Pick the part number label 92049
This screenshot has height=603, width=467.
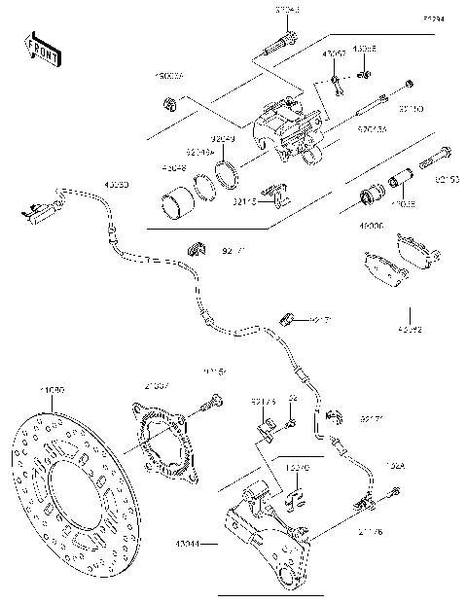(x=225, y=139)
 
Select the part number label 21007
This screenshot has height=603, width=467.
(x=158, y=385)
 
